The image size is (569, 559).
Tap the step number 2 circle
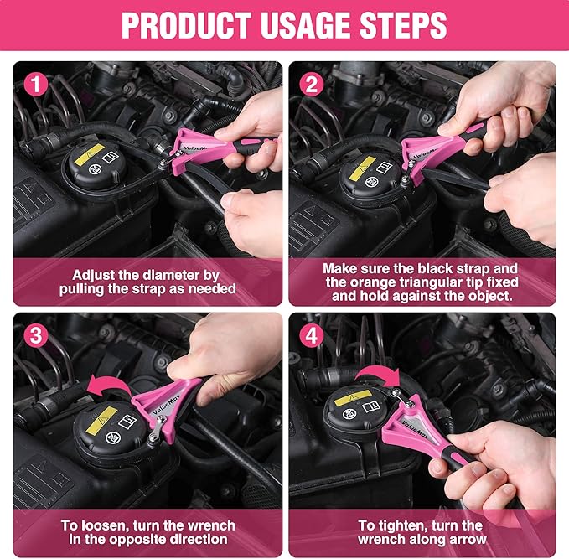coord(311,85)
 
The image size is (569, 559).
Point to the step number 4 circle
coord(311,335)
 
